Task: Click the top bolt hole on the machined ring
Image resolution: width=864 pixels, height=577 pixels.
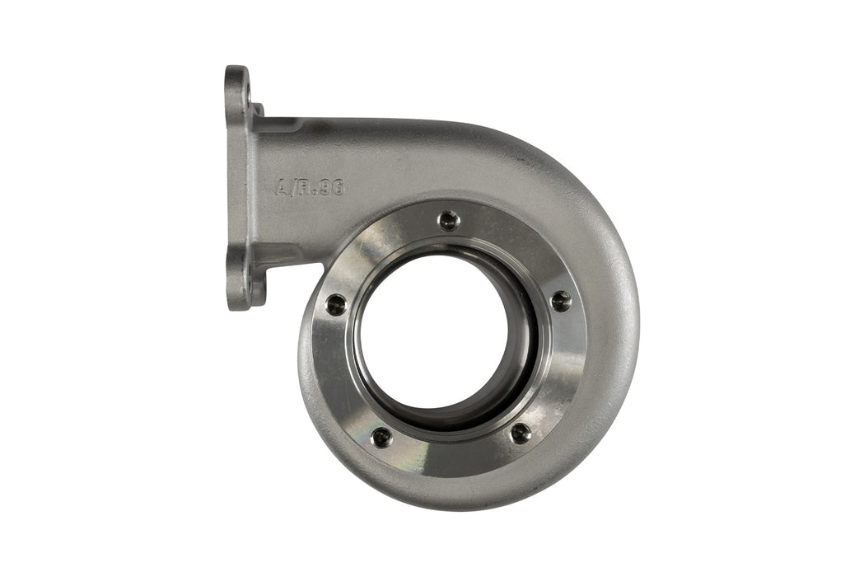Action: [x=448, y=219]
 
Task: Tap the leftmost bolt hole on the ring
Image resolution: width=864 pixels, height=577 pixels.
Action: [x=336, y=304]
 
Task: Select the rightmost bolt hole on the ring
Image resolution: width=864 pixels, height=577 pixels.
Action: [x=561, y=301]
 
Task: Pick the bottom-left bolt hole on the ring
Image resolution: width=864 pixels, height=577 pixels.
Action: [x=381, y=437]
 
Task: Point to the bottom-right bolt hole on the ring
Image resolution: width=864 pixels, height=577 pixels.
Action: [x=521, y=434]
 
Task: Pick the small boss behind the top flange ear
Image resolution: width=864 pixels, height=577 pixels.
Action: [x=258, y=110]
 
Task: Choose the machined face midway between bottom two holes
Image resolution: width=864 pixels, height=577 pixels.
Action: [x=451, y=457]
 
